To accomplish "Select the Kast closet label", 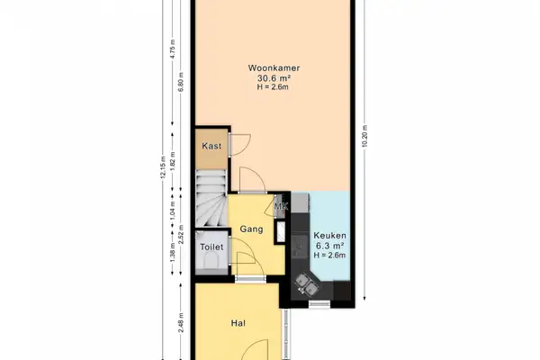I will [211, 146].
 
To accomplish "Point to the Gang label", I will [251, 229].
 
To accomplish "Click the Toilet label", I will [211, 246].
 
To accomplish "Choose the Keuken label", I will [328, 236].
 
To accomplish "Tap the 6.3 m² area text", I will [328, 246].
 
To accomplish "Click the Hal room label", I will [238, 322].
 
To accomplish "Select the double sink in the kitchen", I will [306, 285].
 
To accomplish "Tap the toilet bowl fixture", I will [212, 262].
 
